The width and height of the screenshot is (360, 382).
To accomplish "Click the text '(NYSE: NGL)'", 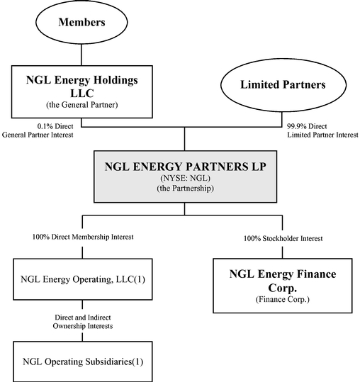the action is tap(185, 178).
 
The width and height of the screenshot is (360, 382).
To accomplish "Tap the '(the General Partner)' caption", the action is tap(82, 105).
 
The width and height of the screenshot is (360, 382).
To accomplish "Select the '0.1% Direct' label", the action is tap(55, 126).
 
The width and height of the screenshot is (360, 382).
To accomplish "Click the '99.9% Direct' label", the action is tap(307, 126).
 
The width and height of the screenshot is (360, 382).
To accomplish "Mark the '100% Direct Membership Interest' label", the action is tap(83, 237).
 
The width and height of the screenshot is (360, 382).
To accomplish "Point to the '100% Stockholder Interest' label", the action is tap(283, 238).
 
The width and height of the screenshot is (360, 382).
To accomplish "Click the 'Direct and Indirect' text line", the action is tap(83, 318).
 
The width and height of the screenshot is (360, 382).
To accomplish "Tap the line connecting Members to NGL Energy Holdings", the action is tap(81, 55).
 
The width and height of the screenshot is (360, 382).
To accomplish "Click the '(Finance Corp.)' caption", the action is tap(283, 299).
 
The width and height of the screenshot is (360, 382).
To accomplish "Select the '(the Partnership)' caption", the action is tap(185, 189).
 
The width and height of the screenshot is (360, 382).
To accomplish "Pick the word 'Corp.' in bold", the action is tap(283, 288).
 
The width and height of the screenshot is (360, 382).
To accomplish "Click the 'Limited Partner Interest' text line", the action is tap(322, 135).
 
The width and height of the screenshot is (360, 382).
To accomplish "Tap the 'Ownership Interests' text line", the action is tap(83, 326).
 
